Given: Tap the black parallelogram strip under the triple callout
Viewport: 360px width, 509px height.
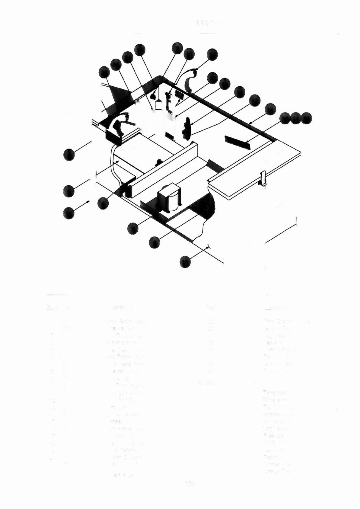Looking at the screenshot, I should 237,142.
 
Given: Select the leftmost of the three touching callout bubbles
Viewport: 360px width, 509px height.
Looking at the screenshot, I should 285,118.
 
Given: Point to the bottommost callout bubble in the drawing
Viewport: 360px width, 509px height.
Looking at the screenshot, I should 185,262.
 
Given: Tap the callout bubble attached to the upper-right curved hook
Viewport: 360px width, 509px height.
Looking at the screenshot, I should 212,54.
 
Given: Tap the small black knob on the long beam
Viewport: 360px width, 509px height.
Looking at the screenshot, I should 158,163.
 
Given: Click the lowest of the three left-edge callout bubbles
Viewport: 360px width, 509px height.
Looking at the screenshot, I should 69,213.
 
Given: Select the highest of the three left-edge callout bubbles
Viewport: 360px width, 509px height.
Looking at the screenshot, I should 69,155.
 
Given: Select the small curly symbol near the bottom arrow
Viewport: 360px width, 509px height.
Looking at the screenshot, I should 208,247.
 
